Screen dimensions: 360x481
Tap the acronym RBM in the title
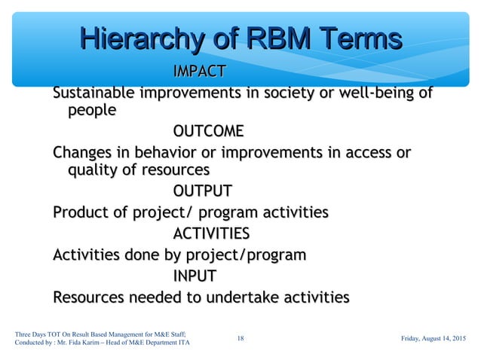point(259,39)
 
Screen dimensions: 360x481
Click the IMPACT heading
point(199,72)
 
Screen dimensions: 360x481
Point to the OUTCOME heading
point(208,133)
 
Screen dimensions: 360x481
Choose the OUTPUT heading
point(202,191)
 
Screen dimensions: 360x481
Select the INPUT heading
point(195,275)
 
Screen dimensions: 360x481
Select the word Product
point(80,213)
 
